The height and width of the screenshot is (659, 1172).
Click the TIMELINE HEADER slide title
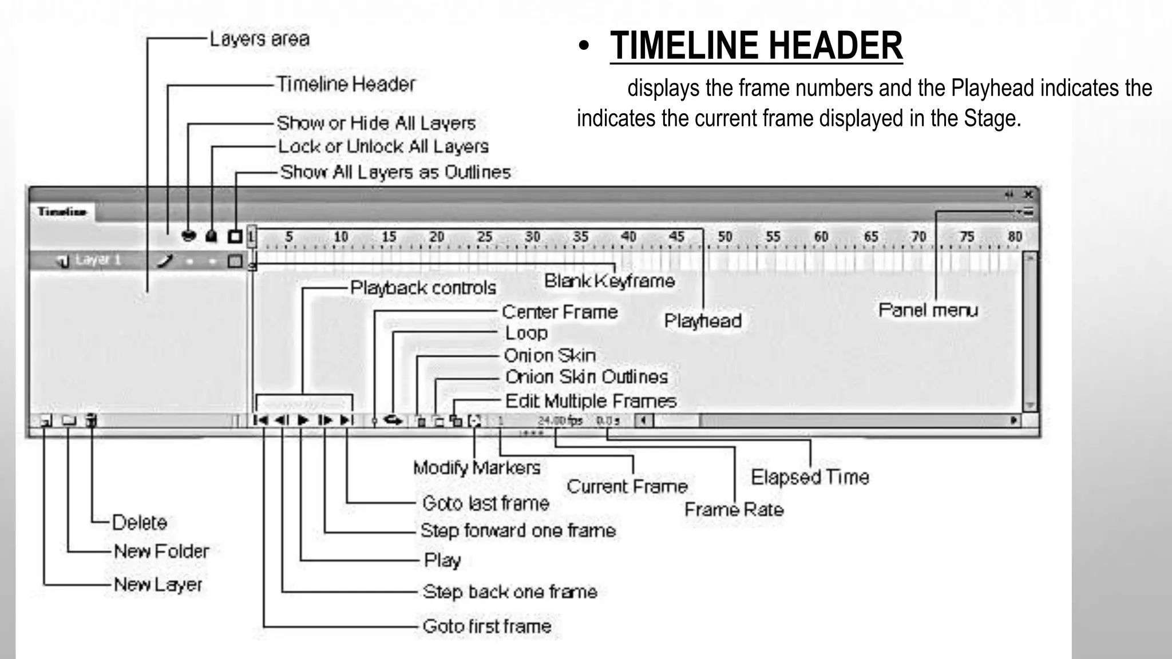[x=756, y=46]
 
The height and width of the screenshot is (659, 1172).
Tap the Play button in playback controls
[x=303, y=420]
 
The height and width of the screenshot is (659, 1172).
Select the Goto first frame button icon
[x=260, y=420]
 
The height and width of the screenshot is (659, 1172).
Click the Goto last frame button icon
[x=346, y=420]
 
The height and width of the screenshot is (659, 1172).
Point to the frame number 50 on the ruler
[x=725, y=236]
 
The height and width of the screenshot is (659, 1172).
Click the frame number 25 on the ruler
[x=485, y=236]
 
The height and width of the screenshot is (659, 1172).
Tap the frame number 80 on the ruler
[x=1015, y=236]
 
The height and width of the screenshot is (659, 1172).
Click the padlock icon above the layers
[x=211, y=236]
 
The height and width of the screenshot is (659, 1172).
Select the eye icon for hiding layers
[x=188, y=236]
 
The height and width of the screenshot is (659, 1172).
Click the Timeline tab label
[x=62, y=212]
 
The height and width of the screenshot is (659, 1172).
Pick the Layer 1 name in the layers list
[x=98, y=260]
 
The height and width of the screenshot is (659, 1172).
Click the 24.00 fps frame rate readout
[x=560, y=420]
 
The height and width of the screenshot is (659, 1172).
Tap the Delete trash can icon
[x=91, y=421]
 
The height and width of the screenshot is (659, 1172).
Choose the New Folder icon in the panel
[x=69, y=421]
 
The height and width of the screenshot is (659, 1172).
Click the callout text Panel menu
[x=928, y=311]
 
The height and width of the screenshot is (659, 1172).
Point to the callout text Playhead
[x=703, y=321]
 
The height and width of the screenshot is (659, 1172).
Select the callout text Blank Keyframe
[x=609, y=281]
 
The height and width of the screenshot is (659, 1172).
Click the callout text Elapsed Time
[x=810, y=477]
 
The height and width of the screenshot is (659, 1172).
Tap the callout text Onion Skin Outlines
[x=587, y=377]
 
